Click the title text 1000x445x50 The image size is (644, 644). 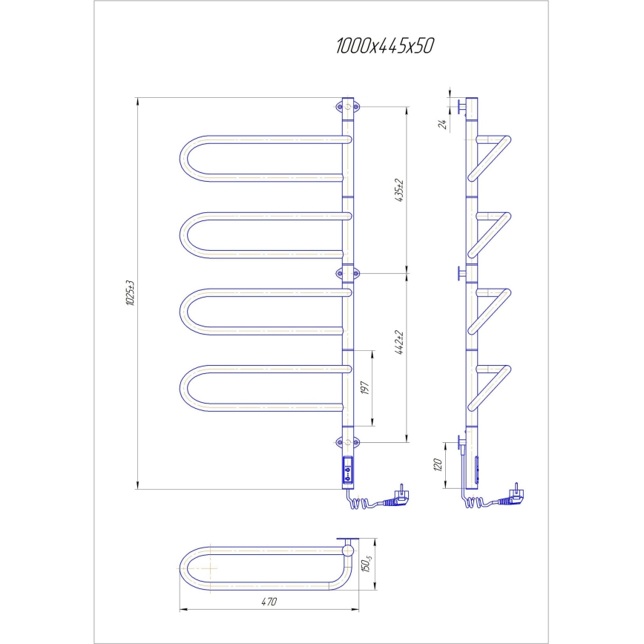(384, 46)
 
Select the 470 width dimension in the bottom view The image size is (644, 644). (269, 602)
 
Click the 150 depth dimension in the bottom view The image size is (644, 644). (364, 565)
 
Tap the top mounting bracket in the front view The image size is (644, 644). (349, 107)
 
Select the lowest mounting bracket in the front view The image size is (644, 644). (349, 443)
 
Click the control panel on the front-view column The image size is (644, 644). (349, 470)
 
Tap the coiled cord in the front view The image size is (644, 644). (358, 505)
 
